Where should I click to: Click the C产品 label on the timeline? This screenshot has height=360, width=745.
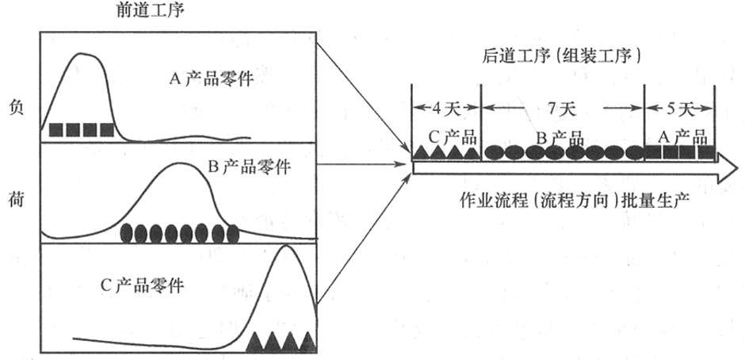tap(448, 132)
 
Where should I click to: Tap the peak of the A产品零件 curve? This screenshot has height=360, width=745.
tap(82, 54)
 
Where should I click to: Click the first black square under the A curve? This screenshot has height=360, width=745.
tap(55, 129)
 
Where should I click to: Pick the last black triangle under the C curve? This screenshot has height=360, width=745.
tap(308, 342)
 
